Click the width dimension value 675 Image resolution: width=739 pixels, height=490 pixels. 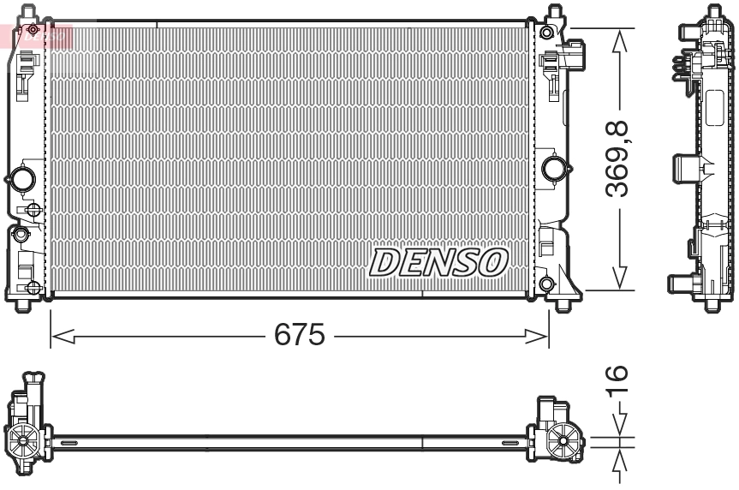[x=299, y=335]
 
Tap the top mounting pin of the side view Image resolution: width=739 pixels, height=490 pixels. [x=713, y=13]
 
